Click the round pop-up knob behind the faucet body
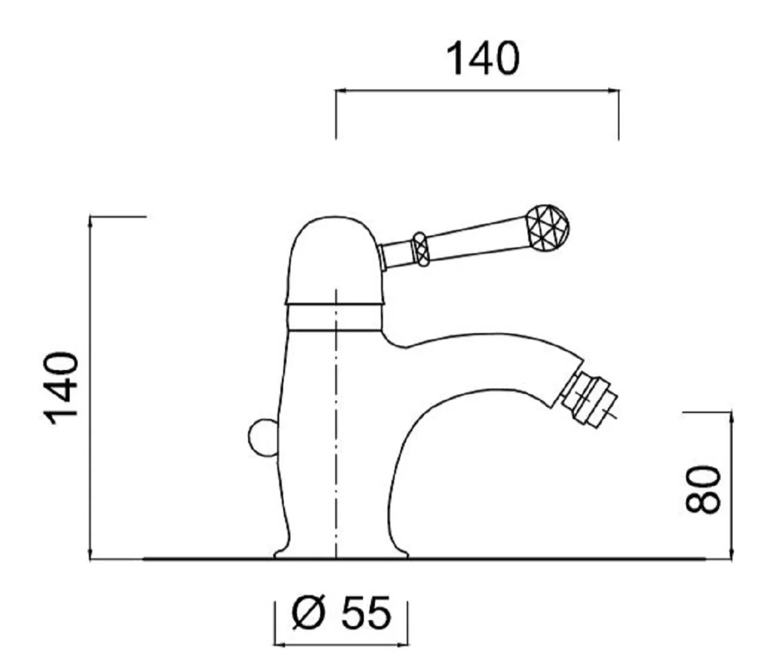tap(264, 438)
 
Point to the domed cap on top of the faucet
tap(333, 260)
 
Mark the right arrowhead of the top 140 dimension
tap(615, 92)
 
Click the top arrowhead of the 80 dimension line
tap(731, 415)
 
